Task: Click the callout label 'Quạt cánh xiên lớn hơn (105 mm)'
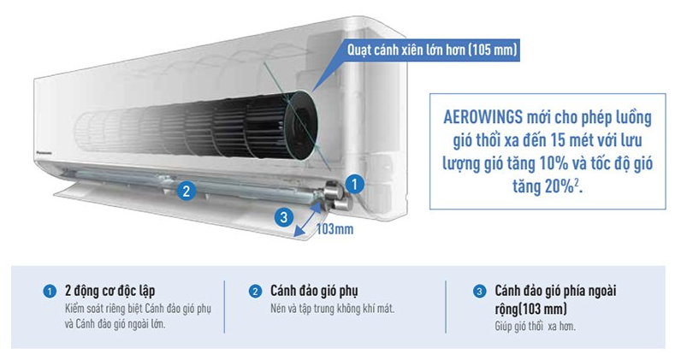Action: tap(431, 50)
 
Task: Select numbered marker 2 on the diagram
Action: tap(184, 191)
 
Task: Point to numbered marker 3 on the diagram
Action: tap(283, 216)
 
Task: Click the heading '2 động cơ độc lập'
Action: tap(110, 291)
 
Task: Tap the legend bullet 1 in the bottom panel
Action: tap(50, 292)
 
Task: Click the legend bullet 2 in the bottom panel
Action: tap(254, 292)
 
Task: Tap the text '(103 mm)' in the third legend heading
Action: tap(542, 309)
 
